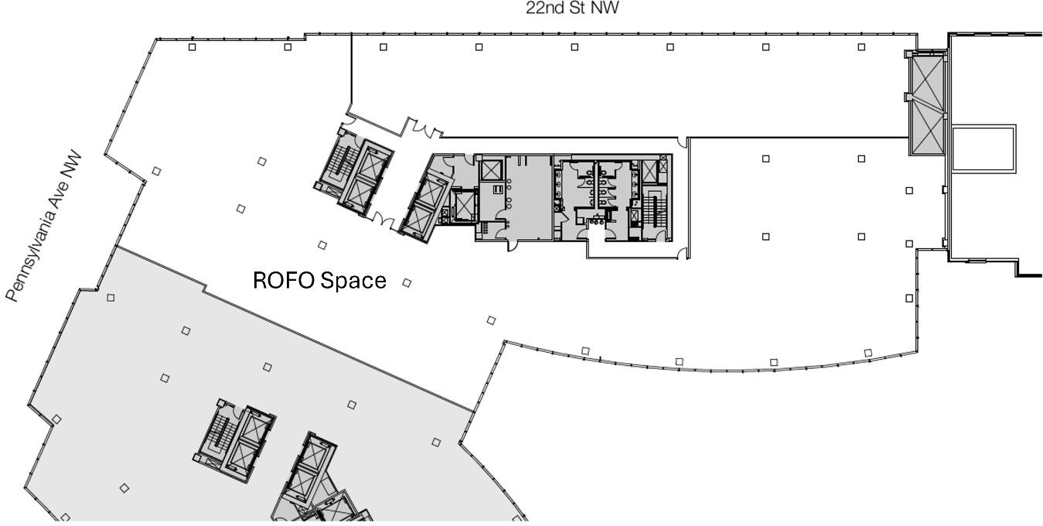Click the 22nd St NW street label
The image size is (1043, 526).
pyautogui.click(x=572, y=8)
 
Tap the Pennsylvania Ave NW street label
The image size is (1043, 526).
pyautogui.click(x=44, y=227)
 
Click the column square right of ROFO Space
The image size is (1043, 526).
pyautogui.click(x=407, y=283)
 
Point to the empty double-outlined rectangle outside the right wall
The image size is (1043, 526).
pyautogui.click(x=983, y=149)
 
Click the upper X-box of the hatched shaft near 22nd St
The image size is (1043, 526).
pyautogui.click(x=929, y=77)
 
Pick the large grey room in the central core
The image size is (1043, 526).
pyautogui.click(x=529, y=198)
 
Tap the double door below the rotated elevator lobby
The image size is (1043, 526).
pyautogui.click(x=383, y=218)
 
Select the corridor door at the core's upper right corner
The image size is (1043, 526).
pyautogui.click(x=682, y=142)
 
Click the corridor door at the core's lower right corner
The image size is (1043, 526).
pyautogui.click(x=682, y=254)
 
